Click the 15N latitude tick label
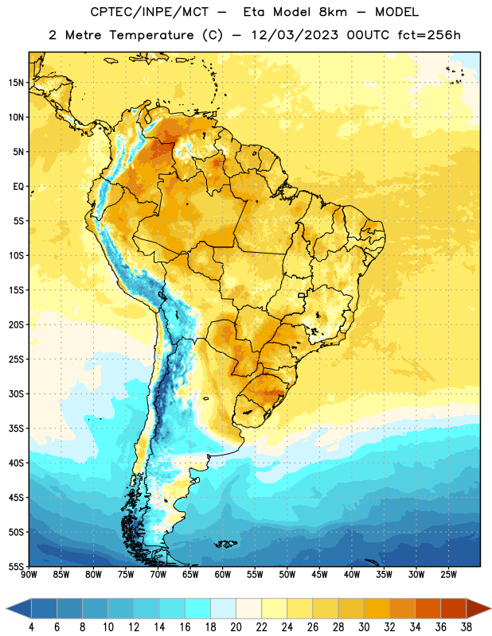(x=16, y=83)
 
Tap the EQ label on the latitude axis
(x=18, y=187)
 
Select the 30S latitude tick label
(x=16, y=394)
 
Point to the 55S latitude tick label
(x=16, y=566)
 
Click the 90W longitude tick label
(x=29, y=575)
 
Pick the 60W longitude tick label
(x=223, y=575)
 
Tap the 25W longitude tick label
(x=448, y=575)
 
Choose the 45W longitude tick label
(x=319, y=575)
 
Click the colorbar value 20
(x=236, y=627)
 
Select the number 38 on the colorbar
(x=467, y=627)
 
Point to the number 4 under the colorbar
(x=31, y=627)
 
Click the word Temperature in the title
(x=151, y=35)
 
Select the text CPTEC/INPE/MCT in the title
(x=149, y=13)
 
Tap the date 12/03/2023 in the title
(x=295, y=35)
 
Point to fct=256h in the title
(x=429, y=35)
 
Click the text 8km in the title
(x=333, y=12)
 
